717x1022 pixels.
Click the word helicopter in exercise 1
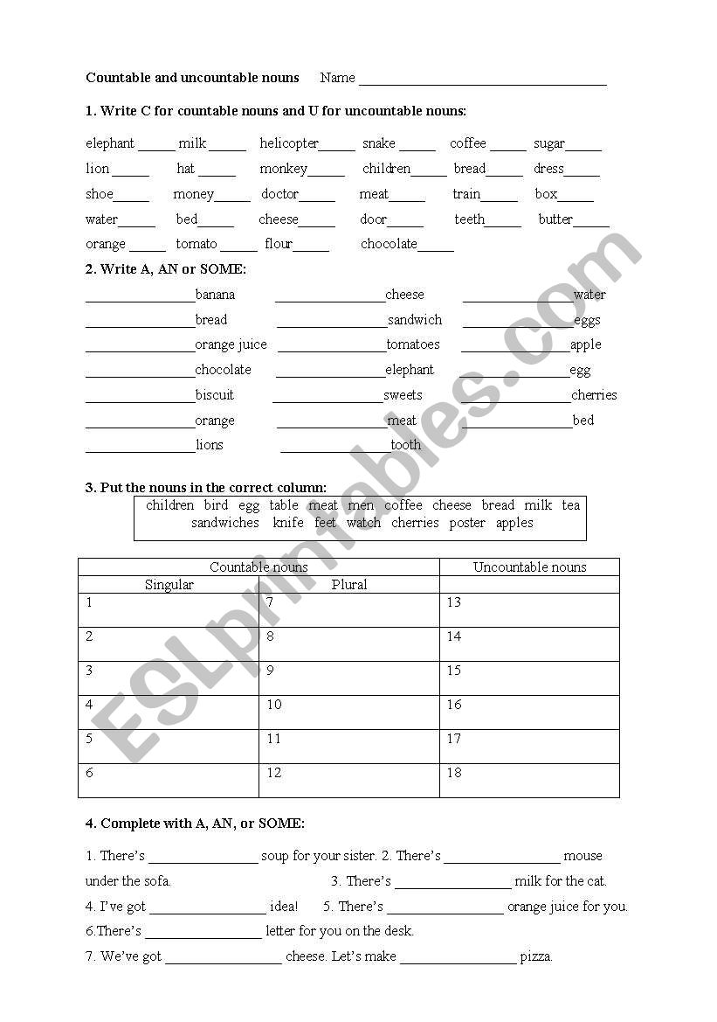pos(289,143)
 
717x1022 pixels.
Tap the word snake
pos(379,143)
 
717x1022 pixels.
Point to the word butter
pos(555,219)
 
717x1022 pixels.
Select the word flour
pos(279,244)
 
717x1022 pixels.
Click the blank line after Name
pos(482,83)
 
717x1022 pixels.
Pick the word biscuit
pos(215,395)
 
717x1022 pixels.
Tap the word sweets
pos(403,395)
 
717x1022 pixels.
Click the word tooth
pos(405,445)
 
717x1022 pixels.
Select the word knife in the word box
pos(288,523)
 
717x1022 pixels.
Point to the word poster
pos(467,523)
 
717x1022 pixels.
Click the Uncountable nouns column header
pos(529,567)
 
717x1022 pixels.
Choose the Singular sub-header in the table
pos(169,585)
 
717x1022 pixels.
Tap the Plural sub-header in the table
pos(349,585)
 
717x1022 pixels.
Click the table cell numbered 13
pos(529,610)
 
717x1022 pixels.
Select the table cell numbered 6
pos(169,781)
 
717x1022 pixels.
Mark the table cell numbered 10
pos(349,713)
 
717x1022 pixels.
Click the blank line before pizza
pos(458,961)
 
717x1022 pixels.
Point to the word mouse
pos(583,856)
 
